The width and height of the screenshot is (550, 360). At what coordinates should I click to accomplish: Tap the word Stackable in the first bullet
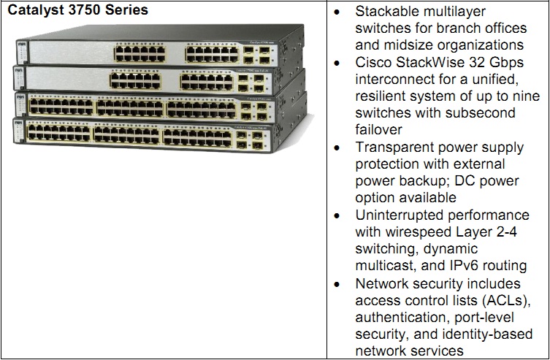(385, 12)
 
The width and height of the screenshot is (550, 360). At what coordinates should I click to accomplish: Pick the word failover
(378, 130)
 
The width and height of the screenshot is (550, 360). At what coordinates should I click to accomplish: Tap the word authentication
(400, 316)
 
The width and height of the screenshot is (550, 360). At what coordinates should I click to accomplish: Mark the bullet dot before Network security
(337, 283)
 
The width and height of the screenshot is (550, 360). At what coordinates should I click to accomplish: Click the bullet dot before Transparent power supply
(337, 148)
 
